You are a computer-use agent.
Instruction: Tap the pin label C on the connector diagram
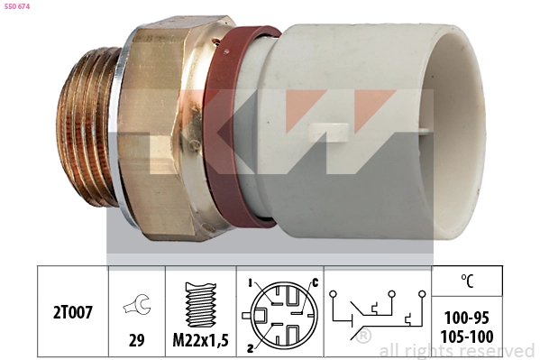pos(315,282)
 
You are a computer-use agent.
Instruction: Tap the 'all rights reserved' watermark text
pos(456,350)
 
